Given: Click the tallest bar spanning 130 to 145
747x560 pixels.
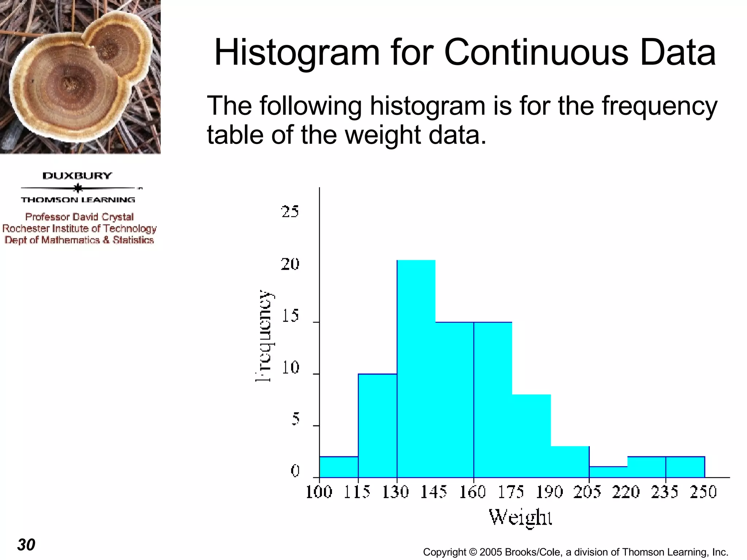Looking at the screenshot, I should point(416,368).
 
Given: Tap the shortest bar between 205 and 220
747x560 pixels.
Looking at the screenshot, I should point(608,472).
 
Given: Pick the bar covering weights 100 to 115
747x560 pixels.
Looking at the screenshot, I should point(338,467).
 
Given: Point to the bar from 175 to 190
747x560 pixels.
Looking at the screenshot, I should point(531,436).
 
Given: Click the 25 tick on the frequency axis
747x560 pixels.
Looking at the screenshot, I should point(290,212).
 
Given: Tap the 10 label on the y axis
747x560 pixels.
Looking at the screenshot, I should point(290,368).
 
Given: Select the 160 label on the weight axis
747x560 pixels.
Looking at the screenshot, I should point(473,492).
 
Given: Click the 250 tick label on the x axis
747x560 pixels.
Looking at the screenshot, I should point(703,492).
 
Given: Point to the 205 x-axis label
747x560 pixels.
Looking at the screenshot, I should point(587,492).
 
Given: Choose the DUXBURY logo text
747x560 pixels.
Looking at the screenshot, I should point(77,176).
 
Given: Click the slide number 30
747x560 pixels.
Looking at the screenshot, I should point(26,545).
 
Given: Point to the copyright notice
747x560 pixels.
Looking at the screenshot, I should point(575,552).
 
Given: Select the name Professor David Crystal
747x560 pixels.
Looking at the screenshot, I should point(80,217).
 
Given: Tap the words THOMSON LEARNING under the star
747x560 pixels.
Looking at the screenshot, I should point(78,200).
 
